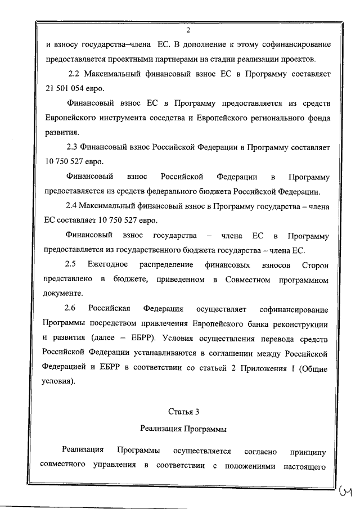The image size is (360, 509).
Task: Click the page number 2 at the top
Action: tap(188, 30)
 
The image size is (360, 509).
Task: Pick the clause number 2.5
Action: tap(71, 264)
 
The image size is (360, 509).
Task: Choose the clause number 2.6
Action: tap(71, 308)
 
